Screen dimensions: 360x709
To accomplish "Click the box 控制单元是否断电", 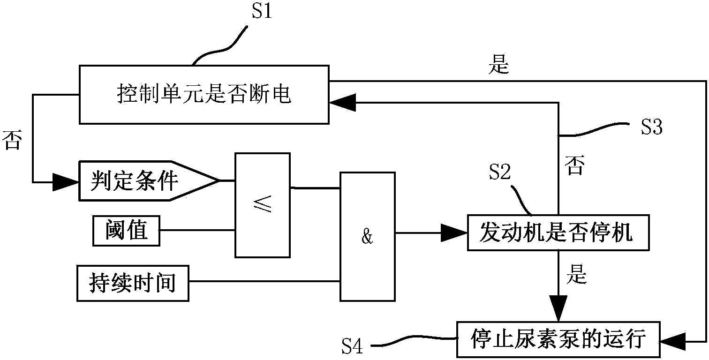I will [x=204, y=95].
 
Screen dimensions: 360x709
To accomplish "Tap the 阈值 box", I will [x=126, y=231].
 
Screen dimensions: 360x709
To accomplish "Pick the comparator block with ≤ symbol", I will [x=263, y=205].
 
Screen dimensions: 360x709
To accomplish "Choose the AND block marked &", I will [x=367, y=237].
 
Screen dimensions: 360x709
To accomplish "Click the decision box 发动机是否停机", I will [x=558, y=233].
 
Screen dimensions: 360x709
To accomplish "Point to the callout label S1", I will [x=262, y=12].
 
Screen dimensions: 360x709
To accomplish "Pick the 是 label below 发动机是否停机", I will [x=576, y=276].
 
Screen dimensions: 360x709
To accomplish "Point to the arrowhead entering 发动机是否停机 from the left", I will [x=453, y=233].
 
